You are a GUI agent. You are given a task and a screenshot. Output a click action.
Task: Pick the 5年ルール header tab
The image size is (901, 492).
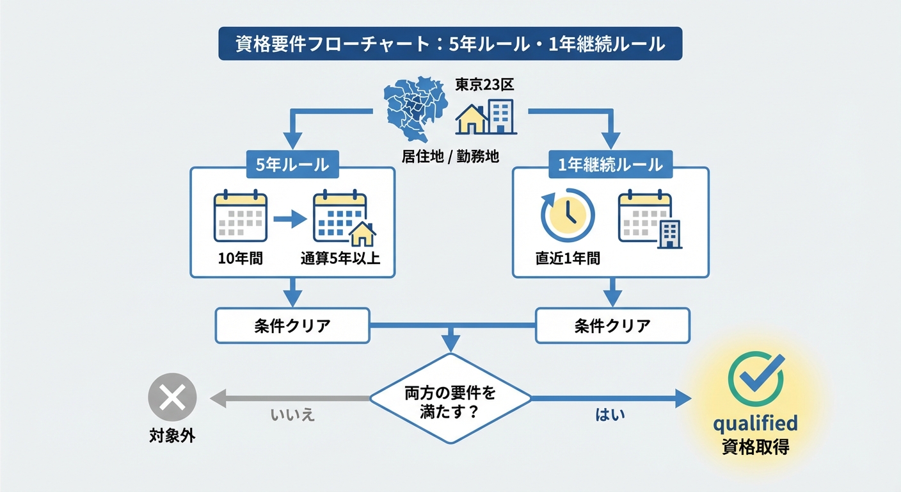(292, 165)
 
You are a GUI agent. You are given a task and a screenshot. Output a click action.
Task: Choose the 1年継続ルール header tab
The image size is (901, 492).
(610, 165)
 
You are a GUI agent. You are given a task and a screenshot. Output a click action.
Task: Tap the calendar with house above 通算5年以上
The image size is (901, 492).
(342, 218)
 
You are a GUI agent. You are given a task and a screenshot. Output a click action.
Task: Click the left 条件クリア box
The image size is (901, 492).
(292, 325)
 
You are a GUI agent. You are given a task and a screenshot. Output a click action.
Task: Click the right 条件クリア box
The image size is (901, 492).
(612, 325)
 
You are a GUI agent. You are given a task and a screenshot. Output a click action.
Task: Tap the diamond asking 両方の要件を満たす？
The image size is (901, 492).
(450, 398)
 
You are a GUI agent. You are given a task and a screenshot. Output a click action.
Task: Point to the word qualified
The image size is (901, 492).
(755, 423)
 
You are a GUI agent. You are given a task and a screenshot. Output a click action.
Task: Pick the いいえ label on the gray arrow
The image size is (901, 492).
(293, 414)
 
